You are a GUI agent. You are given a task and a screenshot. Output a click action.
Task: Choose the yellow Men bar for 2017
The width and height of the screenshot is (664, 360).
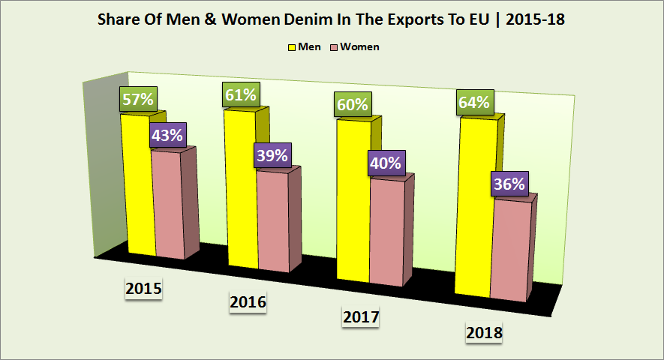coord(353,199)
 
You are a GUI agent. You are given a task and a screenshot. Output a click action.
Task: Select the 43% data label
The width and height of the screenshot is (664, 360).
coord(168,136)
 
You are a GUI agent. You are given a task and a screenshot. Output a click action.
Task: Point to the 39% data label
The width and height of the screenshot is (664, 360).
coord(272,155)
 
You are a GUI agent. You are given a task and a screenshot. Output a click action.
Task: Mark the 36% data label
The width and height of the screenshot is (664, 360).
coord(509,184)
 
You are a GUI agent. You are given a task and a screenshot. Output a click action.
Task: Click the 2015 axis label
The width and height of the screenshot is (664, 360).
coord(145,288)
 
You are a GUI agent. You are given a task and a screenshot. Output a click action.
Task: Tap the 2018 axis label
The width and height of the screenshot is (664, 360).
coord(483,332)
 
